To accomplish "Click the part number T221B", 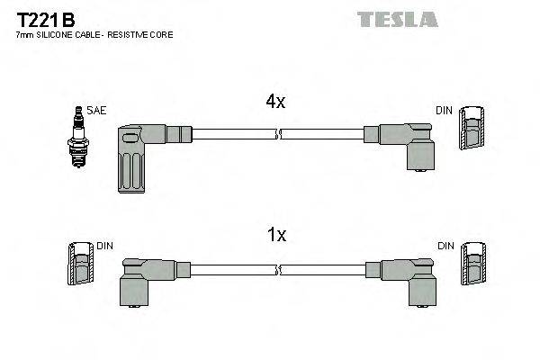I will [41, 18].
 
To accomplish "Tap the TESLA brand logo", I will [397, 19].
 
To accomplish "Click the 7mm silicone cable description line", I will [94, 34].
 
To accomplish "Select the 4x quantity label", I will [276, 103].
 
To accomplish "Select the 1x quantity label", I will [276, 235].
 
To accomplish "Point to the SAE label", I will [97, 111].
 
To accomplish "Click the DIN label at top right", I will [444, 111].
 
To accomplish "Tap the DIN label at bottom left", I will [104, 245].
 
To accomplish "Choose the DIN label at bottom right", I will [444, 245].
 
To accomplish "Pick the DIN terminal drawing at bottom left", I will [80, 266].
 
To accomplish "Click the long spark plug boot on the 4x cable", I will [133, 157].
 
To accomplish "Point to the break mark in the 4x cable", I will [278, 135].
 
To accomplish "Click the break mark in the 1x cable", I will [278, 269].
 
